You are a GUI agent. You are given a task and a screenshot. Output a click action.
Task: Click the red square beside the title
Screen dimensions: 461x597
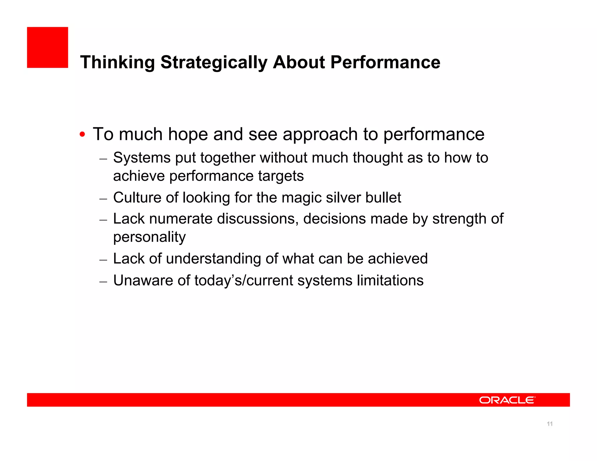point(48,47)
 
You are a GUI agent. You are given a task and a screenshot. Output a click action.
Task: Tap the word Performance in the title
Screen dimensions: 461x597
point(385,62)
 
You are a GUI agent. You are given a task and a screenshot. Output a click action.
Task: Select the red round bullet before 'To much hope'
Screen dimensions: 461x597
point(82,135)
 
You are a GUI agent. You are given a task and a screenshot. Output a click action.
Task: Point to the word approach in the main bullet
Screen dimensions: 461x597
point(320,135)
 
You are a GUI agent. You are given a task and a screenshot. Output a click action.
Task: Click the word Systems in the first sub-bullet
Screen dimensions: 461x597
point(142,158)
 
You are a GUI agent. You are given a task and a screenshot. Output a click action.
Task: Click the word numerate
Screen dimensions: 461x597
point(181,219)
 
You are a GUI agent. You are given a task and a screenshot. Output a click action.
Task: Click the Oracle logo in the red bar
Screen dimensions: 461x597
point(507,400)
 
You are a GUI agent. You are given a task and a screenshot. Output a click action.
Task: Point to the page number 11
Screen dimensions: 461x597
point(549,424)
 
